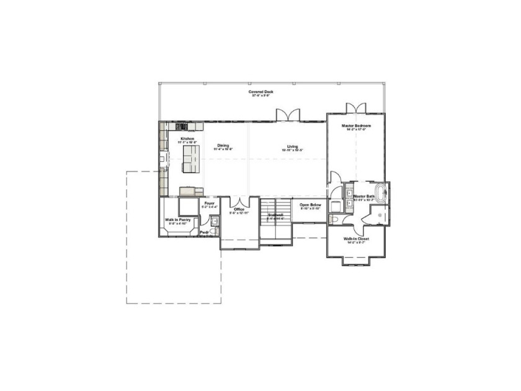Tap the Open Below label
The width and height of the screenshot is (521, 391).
tap(309, 206)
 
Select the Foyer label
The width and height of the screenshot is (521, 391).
tap(209, 204)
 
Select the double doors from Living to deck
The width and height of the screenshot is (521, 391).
tap(288, 115)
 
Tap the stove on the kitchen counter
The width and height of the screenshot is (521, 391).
tap(181, 127)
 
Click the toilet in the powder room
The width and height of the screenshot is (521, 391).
tap(214, 220)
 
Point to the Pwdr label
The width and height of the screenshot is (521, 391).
tap(203, 233)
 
